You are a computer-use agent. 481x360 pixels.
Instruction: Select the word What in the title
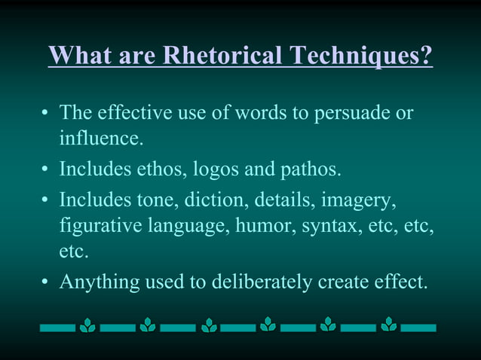[77, 56]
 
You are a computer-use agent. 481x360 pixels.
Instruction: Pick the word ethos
[154, 169]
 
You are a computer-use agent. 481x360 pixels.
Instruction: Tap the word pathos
[312, 169]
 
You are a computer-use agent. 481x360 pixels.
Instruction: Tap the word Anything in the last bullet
[93, 282]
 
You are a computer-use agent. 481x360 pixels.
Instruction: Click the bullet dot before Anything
[44, 282]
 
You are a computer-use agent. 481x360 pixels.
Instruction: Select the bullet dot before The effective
[44, 114]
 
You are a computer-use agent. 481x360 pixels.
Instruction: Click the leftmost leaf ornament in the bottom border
[87, 326]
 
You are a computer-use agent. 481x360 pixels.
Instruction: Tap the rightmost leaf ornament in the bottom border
[388, 325]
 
